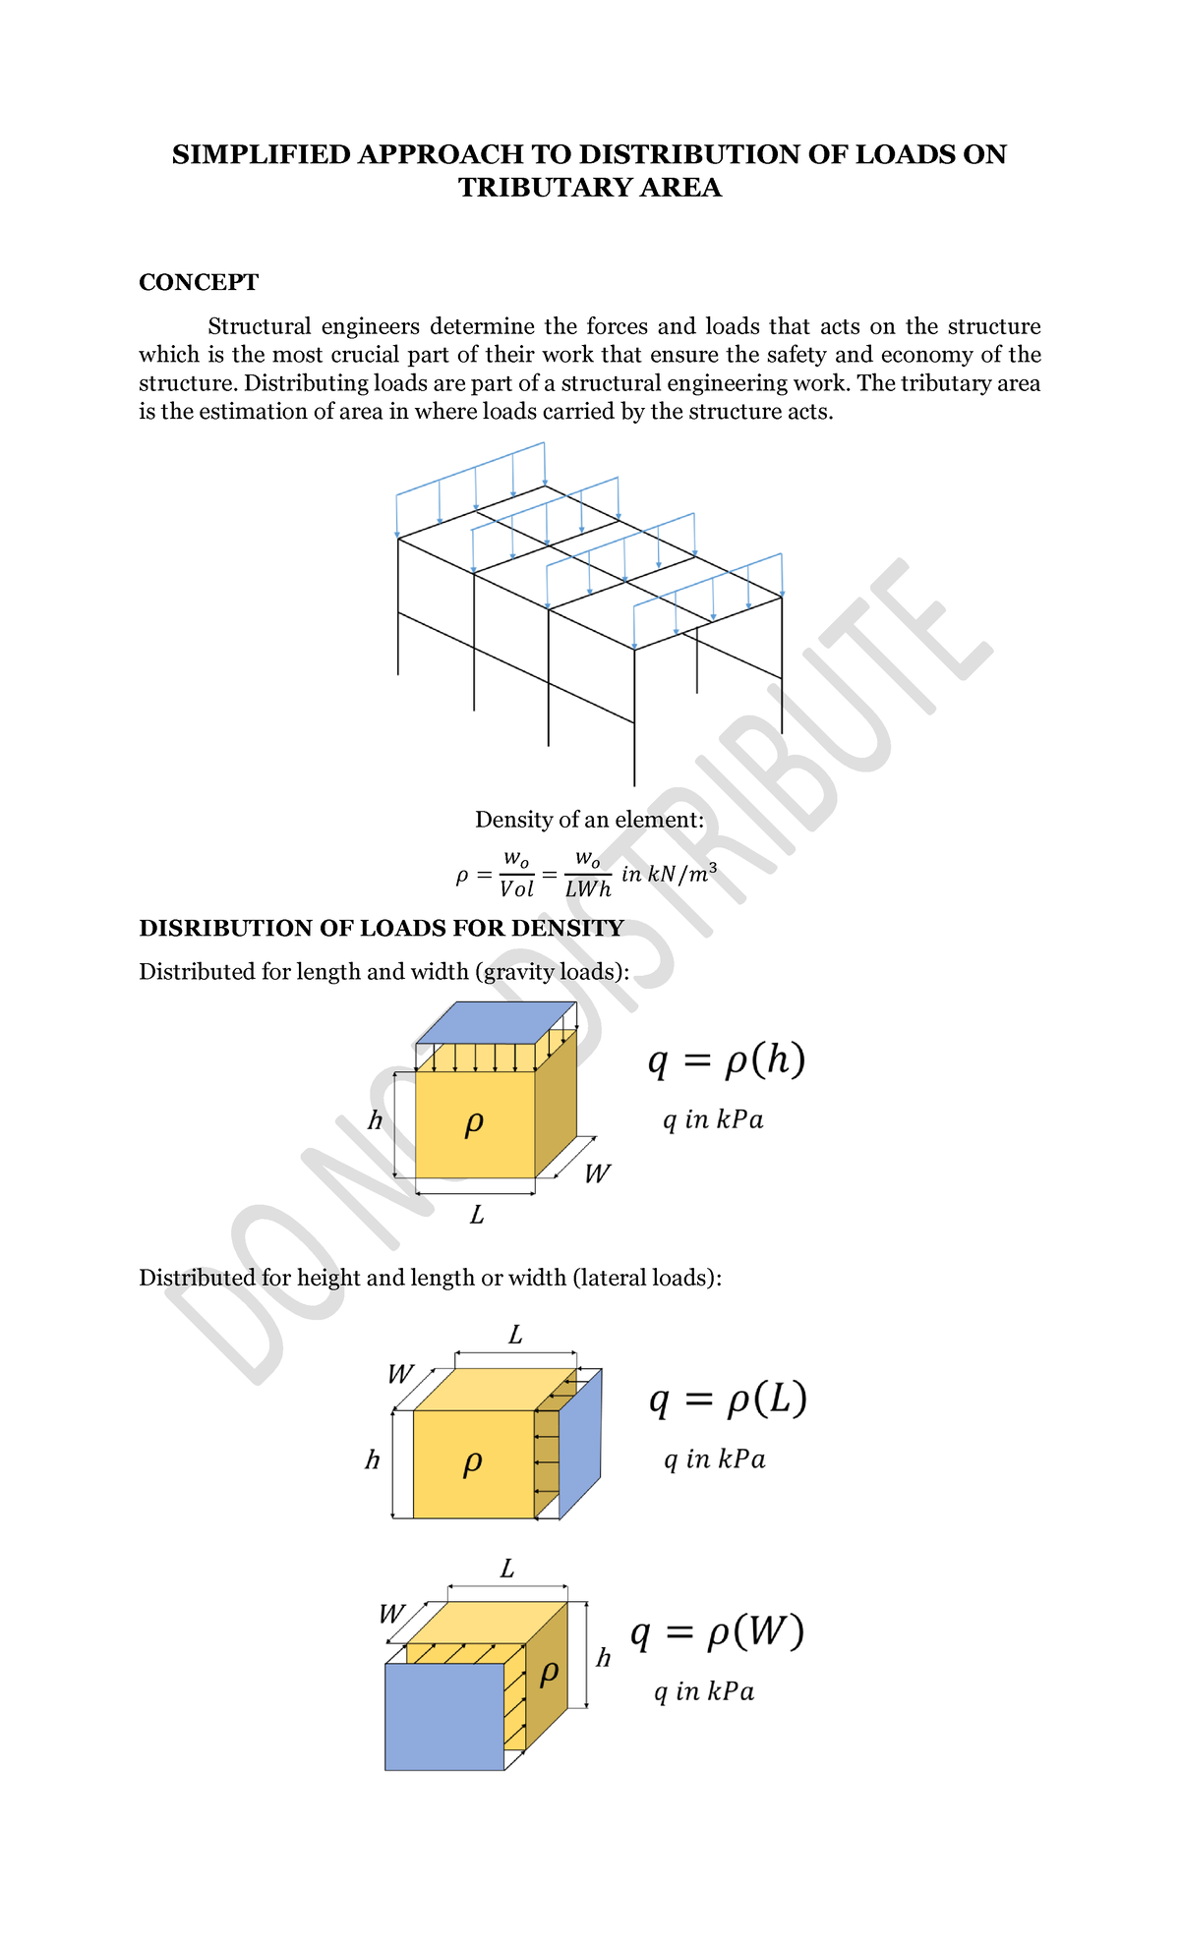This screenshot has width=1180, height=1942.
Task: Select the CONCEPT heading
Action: point(199,283)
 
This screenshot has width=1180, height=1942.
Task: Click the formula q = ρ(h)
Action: point(727,1061)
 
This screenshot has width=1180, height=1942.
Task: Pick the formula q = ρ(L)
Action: point(728,1399)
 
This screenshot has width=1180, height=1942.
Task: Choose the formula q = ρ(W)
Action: point(717,1633)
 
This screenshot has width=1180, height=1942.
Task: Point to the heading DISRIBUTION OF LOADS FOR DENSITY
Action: point(382,929)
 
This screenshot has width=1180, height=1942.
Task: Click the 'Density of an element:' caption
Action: point(589,820)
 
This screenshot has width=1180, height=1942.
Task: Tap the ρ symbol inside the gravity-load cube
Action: point(474,1122)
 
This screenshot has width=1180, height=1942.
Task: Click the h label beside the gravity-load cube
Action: point(375,1121)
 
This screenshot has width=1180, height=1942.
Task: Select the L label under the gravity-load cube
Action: point(477,1217)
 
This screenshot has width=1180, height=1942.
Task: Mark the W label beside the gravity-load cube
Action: point(597,1174)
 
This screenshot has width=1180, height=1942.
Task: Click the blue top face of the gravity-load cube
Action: point(496,1023)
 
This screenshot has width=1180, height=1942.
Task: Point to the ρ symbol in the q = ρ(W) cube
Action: point(550,1672)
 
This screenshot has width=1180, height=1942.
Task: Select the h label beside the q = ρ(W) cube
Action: point(603,1659)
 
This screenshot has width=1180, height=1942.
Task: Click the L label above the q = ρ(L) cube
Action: point(515,1336)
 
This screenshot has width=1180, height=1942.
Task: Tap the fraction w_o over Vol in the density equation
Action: point(516,875)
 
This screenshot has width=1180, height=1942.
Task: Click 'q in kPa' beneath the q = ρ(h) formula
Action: point(713,1120)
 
